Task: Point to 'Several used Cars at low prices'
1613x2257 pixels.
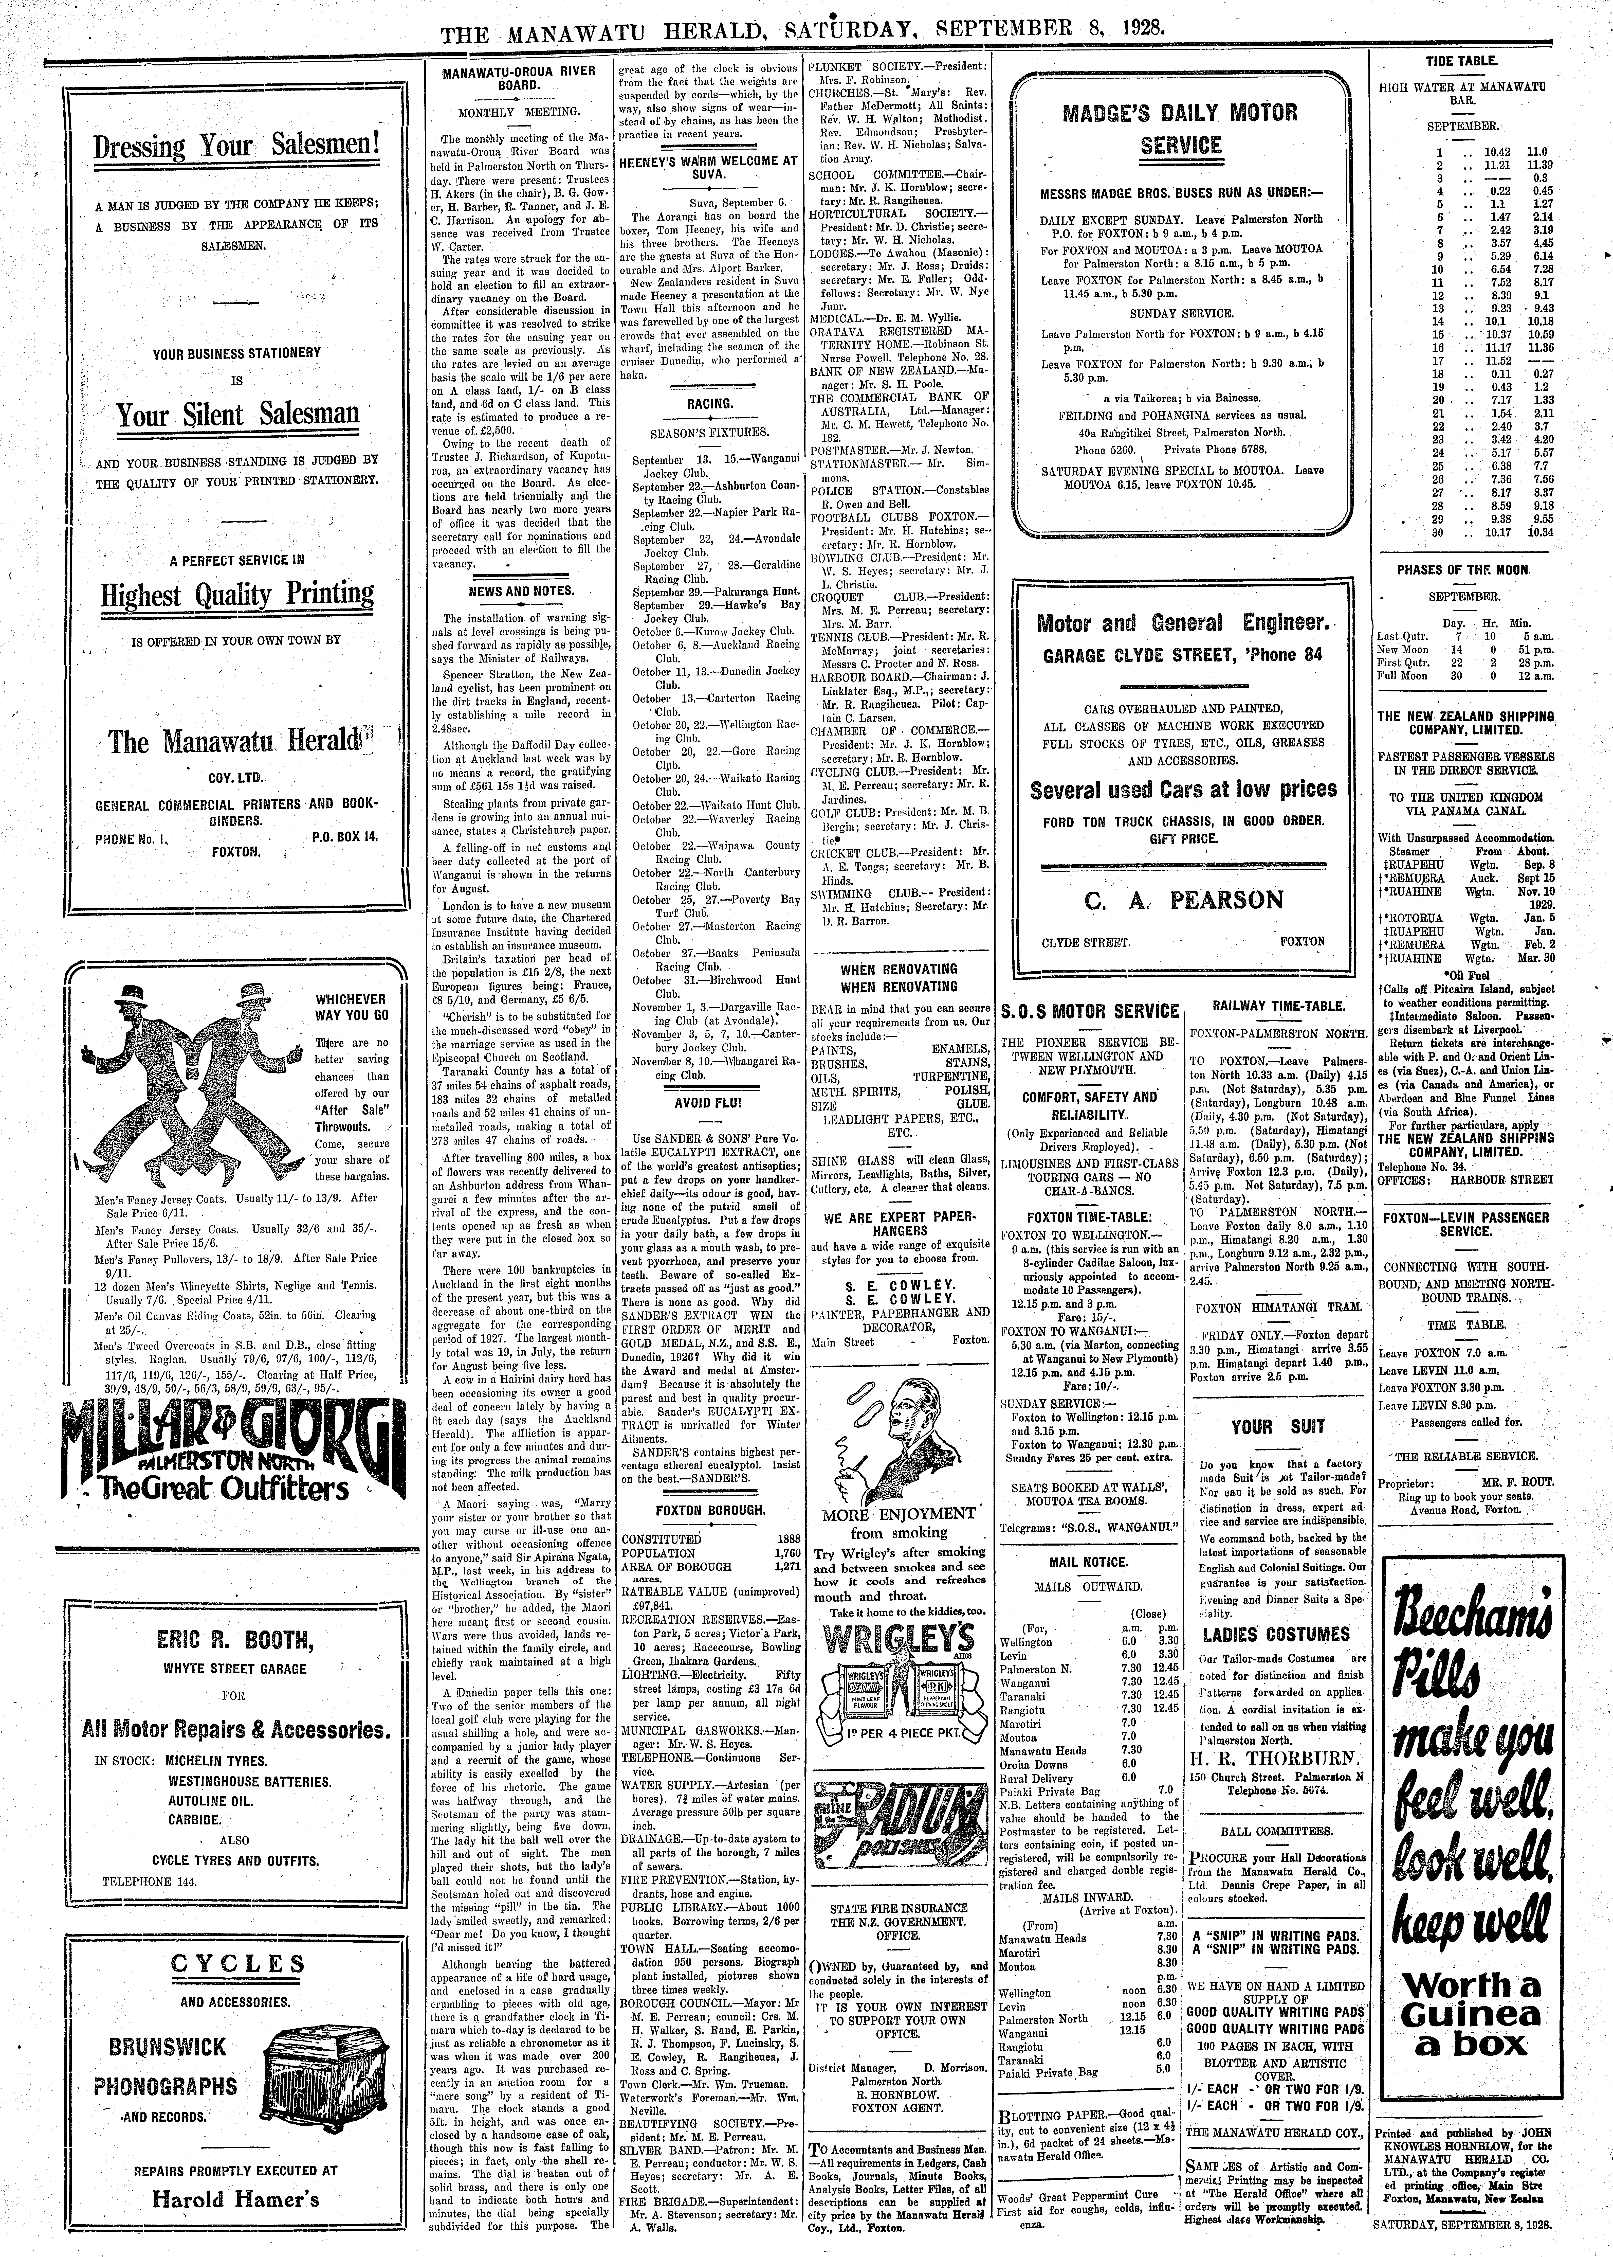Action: [1182, 790]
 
